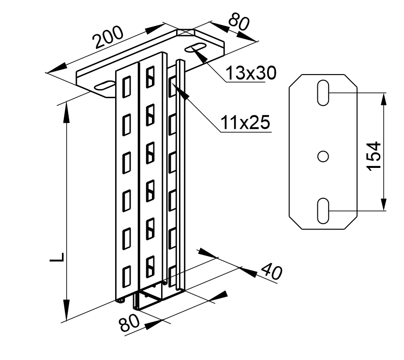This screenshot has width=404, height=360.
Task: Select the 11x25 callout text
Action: tap(245, 123)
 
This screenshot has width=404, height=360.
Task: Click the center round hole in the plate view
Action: tap(323, 156)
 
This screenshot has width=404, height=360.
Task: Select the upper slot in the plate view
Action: tap(323, 92)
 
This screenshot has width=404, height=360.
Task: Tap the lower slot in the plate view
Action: tap(323, 210)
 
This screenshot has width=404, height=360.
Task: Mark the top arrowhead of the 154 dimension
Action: tap(383, 98)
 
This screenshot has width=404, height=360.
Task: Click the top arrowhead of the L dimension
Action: tap(65, 109)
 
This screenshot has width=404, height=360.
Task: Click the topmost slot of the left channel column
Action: tap(127, 86)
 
